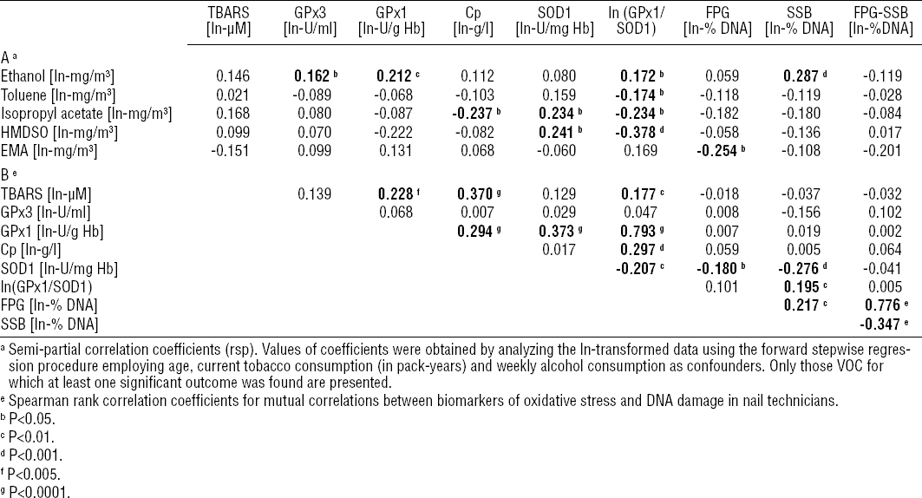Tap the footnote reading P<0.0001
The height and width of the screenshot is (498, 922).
coord(38,490)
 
